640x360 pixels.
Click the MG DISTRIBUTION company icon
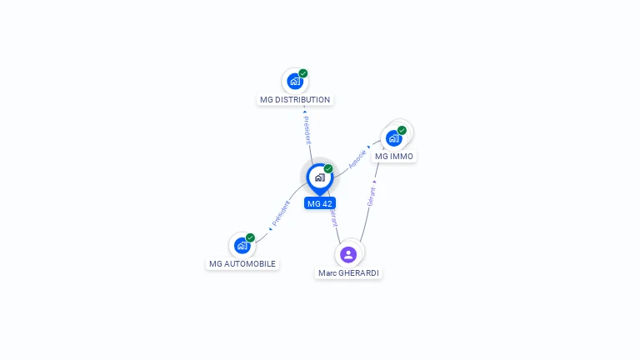[294, 82]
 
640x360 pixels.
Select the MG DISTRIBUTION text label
[295, 100]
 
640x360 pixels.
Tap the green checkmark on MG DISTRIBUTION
[303, 73]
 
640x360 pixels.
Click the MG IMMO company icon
[393, 138]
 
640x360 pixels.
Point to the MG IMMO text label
[393, 157]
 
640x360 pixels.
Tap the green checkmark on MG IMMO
[402, 130]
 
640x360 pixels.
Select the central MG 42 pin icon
[319, 177]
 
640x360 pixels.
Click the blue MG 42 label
[320, 203]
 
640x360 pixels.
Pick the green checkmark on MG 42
[328, 169]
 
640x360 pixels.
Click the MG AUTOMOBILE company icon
[242, 246]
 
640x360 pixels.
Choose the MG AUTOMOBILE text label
[242, 264]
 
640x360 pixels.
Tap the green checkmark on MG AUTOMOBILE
[250, 237]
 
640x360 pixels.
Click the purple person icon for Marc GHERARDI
[348, 254]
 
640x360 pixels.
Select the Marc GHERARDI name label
[349, 273]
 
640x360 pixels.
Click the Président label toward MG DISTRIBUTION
[307, 129]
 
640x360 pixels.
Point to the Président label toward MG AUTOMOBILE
[281, 213]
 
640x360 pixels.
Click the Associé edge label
[357, 159]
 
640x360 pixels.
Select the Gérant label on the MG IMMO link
[371, 197]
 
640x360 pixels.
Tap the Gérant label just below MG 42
[333, 218]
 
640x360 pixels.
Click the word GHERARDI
[359, 273]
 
